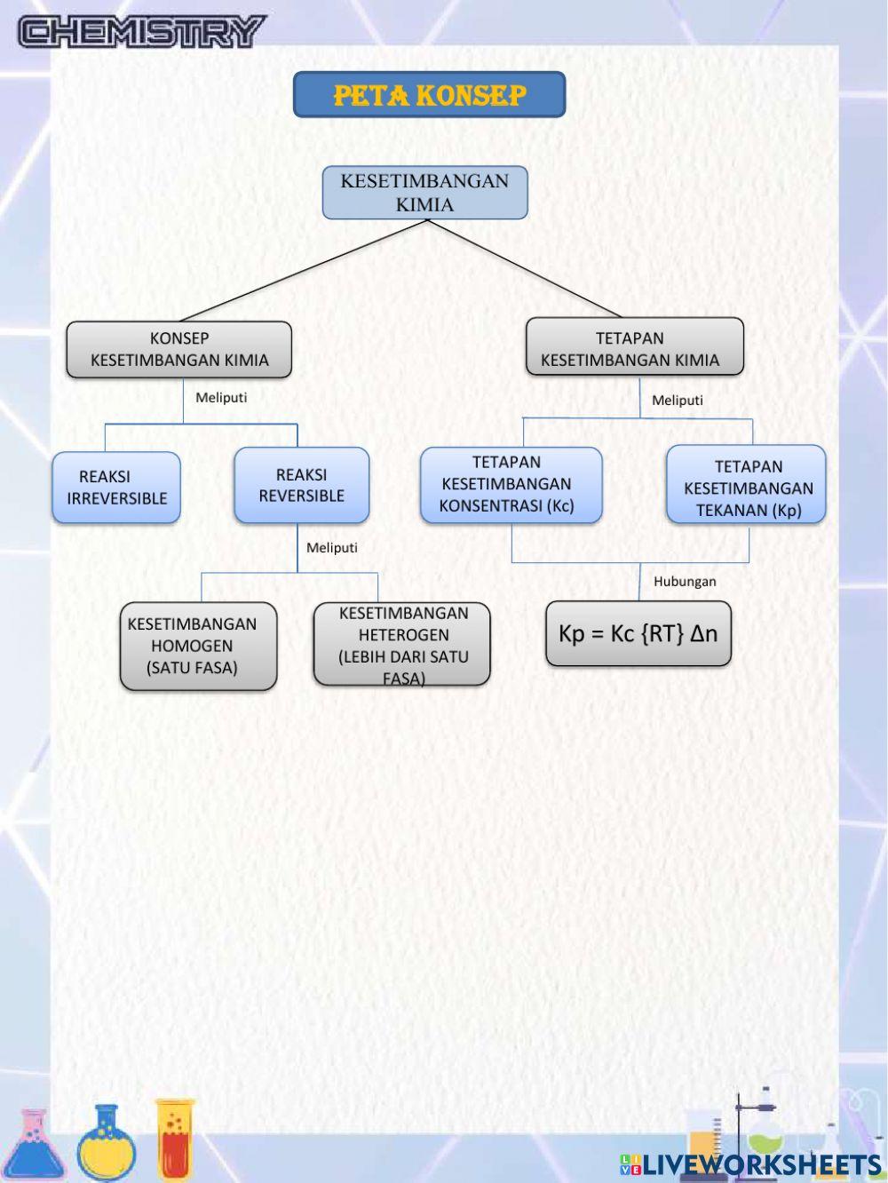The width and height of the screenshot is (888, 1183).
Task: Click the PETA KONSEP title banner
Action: click(x=429, y=95)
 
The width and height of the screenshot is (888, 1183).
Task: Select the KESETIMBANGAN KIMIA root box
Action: click(x=424, y=193)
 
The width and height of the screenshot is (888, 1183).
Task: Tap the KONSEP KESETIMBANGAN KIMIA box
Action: click(x=178, y=349)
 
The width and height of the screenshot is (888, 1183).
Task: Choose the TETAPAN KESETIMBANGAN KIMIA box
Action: click(x=634, y=347)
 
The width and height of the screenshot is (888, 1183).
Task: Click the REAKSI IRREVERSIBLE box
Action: click(x=116, y=488)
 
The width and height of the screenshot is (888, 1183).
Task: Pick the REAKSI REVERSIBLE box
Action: click(x=301, y=485)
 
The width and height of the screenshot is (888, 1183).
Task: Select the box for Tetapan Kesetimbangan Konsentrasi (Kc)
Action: click(x=511, y=485)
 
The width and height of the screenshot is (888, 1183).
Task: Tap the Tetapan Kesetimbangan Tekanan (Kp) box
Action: click(x=746, y=485)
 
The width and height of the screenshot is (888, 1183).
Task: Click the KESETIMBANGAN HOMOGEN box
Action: click(x=198, y=646)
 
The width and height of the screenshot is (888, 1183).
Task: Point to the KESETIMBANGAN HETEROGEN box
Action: click(x=402, y=644)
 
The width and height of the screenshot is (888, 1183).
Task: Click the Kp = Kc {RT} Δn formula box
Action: click(x=638, y=634)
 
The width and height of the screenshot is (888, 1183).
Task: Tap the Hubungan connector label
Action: click(x=685, y=582)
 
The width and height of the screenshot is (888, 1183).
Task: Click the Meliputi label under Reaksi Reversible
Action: click(x=332, y=548)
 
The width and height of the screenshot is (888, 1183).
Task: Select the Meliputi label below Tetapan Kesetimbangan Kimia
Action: click(x=678, y=401)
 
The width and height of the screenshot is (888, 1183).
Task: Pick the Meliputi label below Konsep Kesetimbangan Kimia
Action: click(x=221, y=398)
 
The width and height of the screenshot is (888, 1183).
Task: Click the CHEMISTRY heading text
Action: click(x=142, y=32)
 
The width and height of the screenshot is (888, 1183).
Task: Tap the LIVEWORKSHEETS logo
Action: click(x=750, y=1164)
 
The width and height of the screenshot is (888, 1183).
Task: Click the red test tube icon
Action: click(x=175, y=1139)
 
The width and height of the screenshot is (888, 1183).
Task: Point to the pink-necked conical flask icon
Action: click(x=32, y=1146)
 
